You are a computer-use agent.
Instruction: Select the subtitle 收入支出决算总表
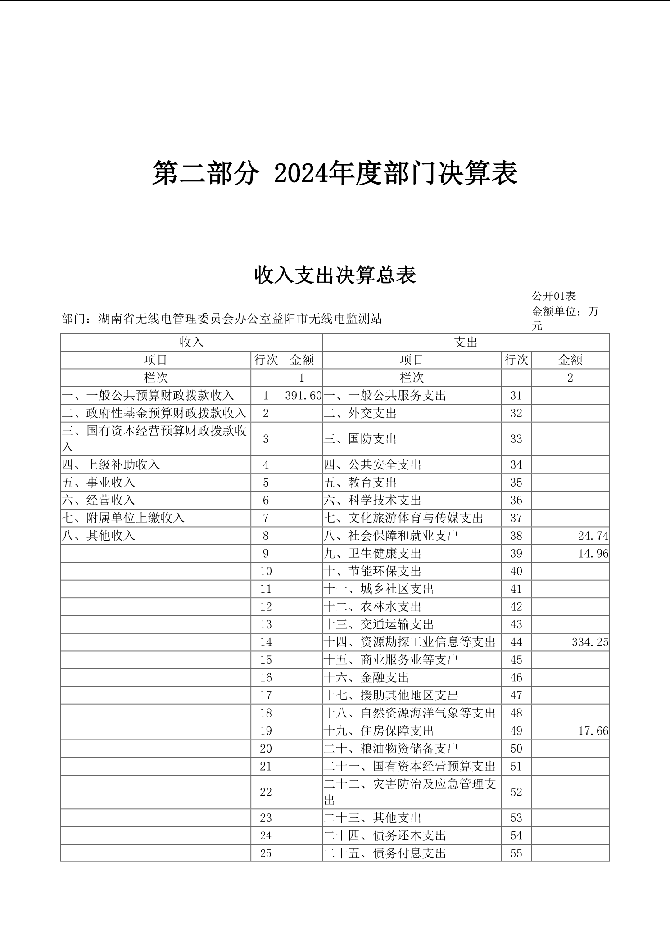pyautogui.click(x=335, y=275)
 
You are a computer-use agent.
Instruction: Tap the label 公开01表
pyautogui.click(x=554, y=296)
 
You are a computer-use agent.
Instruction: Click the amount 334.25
pyautogui.click(x=590, y=642)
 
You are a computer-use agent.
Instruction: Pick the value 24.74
pyautogui.click(x=593, y=536)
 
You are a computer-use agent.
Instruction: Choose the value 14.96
pyautogui.click(x=593, y=554)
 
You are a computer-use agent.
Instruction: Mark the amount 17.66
pyautogui.click(x=593, y=731)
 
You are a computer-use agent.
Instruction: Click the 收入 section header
pyautogui.click(x=192, y=342)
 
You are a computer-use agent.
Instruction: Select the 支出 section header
pyautogui.click(x=466, y=342)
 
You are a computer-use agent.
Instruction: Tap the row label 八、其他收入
pyautogui.click(x=99, y=536)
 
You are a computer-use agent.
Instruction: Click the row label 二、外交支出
pyautogui.click(x=360, y=413)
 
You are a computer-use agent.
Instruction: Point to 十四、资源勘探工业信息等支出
pyautogui.click(x=409, y=642)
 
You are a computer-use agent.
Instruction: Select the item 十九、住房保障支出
pyautogui.click(x=379, y=731)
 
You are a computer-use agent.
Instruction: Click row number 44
pyautogui.click(x=516, y=642)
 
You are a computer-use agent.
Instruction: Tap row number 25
pyautogui.click(x=266, y=853)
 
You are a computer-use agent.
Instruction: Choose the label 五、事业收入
pyautogui.click(x=99, y=483)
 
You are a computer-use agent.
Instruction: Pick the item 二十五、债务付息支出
pyautogui.click(x=385, y=853)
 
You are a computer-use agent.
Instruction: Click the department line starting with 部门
pyautogui.click(x=222, y=319)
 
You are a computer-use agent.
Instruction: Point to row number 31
pyautogui.click(x=516, y=396)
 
